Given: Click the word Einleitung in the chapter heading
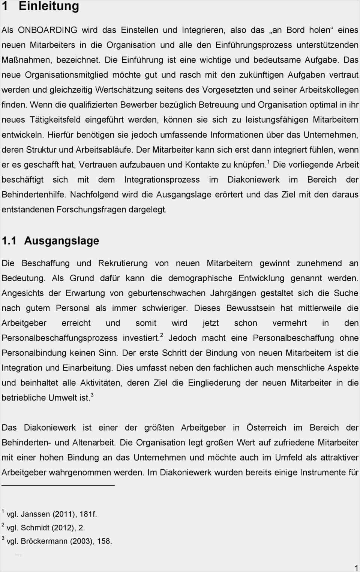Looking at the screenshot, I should pos(49,6).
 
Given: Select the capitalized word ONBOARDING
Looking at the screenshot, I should pos(48,30).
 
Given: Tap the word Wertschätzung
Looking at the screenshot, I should pos(124,90).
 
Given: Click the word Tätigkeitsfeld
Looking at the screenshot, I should pos(55,120).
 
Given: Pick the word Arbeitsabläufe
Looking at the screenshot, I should pos(104,150).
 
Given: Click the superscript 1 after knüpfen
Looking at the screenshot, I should pos(268,162).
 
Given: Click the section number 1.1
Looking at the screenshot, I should pos(9,241).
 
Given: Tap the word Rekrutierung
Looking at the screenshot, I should pos(123,263).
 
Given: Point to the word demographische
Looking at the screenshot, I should pos(200,278).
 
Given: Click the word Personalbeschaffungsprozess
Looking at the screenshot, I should pos(60,338).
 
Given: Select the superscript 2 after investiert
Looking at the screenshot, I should pos(162,335).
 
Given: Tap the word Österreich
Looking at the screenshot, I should pos(266,428).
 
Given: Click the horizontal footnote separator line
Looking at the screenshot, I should pos(58,486).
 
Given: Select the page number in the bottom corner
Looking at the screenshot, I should pos(356,568).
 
